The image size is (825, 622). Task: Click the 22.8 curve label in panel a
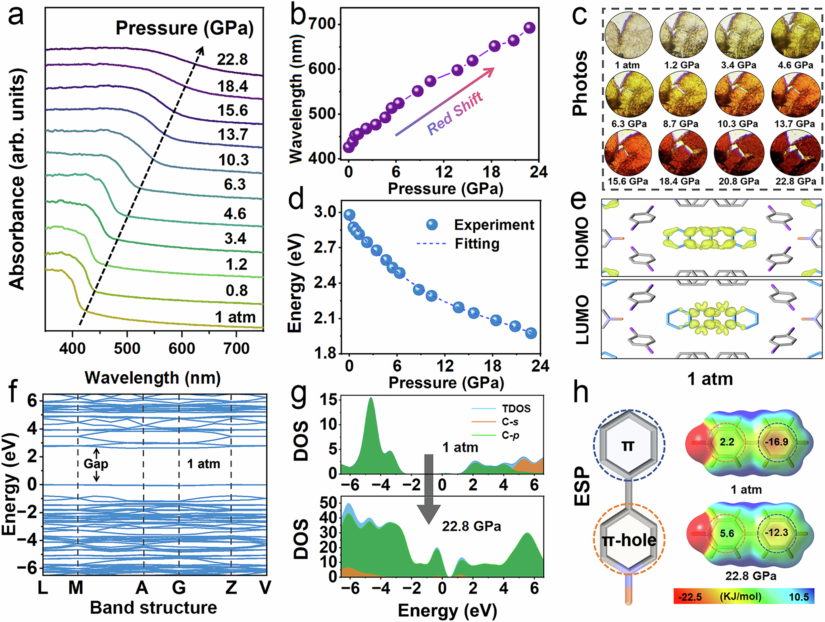(x=232, y=60)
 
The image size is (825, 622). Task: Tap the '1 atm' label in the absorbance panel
(x=235, y=317)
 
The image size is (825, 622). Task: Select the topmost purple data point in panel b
(x=529, y=28)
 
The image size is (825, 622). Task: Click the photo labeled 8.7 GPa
(x=683, y=96)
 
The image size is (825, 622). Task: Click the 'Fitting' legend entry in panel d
(x=477, y=244)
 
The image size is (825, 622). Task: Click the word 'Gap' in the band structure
(x=96, y=464)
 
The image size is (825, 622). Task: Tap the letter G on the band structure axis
(x=179, y=588)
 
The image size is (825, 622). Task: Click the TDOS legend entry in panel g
(x=516, y=408)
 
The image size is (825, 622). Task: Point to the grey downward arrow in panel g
(x=429, y=488)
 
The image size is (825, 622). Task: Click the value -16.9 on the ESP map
(x=777, y=442)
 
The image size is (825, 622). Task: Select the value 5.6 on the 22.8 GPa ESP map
(x=727, y=533)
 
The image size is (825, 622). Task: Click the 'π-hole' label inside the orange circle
(x=629, y=540)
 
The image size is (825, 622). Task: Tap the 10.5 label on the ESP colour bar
(x=799, y=597)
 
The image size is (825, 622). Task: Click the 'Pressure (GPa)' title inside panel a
(x=185, y=28)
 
